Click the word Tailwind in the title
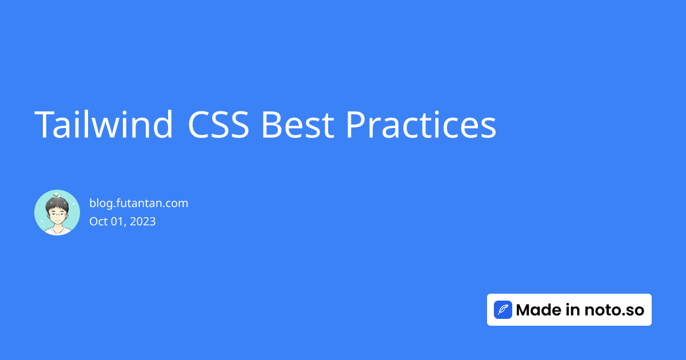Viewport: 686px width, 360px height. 103,125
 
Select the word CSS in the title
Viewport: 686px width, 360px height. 218,125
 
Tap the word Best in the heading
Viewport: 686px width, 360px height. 298,125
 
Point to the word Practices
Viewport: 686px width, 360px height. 421,125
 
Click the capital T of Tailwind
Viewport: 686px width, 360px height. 43,125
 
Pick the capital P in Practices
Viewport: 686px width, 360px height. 355,125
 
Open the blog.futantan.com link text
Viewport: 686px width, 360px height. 139,203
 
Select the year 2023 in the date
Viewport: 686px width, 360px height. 143,221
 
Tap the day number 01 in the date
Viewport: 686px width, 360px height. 118,222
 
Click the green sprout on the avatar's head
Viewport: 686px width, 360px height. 56,195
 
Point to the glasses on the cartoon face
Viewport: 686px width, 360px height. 58,215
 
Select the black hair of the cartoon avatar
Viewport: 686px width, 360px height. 57,204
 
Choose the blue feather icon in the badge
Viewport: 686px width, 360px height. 503,310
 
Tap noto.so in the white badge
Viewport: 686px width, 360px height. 615,310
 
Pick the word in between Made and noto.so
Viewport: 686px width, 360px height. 573,310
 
